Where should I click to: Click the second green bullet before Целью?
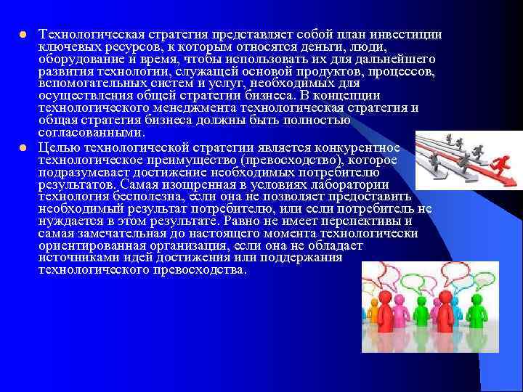click(23, 148)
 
